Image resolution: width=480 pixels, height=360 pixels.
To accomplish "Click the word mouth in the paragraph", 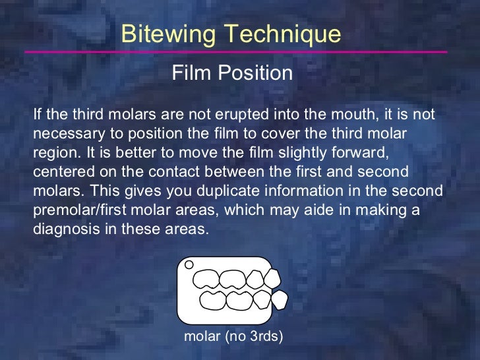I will click(351, 115).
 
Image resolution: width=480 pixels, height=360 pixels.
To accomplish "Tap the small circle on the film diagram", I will click(189, 265).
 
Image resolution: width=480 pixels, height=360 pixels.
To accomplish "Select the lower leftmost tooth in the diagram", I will click(212, 300).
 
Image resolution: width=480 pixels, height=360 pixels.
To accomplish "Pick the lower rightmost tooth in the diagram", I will click(280, 301).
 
